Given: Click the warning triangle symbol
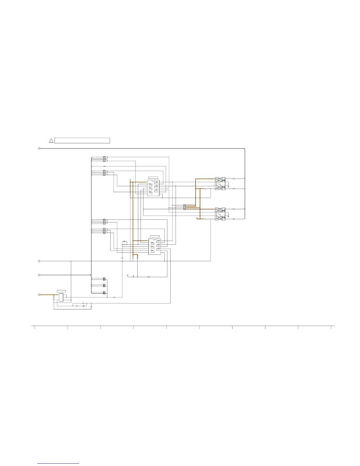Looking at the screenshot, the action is coord(51,141).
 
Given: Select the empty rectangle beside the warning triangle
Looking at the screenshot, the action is coord(82,141).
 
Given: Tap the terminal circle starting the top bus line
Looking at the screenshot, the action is coord(39,149).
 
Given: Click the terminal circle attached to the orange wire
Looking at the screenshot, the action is coord(39,294).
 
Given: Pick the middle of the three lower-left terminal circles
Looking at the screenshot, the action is coord(39,275).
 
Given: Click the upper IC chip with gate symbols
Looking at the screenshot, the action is coord(153,188).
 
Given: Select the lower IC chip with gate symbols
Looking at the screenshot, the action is coord(154,247).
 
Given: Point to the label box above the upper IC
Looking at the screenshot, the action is coord(153,178).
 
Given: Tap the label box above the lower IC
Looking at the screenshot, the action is coord(154,236).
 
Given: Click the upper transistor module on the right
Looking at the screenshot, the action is coord(220,184).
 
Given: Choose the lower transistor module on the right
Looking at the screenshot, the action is coord(220,214).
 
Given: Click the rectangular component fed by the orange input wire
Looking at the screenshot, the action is coord(61,297).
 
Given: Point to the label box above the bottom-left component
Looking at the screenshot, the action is coord(61,291).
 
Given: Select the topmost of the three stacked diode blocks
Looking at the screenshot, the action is coord(104,278).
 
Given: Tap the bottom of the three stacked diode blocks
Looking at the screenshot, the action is coord(104,292).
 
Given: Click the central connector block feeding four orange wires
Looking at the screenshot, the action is coord(184,207).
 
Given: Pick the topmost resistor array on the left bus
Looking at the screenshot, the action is coord(104,159).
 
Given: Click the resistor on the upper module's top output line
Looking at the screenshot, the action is coord(234,179).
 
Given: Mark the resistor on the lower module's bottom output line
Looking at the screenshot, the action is coord(234,219).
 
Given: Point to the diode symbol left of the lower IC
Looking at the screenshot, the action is coord(124,242).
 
